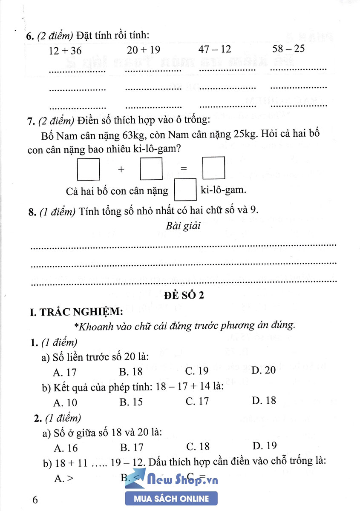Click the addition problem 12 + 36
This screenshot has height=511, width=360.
click(x=65, y=51)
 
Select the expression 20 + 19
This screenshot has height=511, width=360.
click(x=144, y=50)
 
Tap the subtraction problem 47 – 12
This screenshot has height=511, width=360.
click(x=215, y=49)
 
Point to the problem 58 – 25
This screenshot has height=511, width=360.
click(x=288, y=49)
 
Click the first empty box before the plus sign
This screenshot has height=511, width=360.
click(x=88, y=169)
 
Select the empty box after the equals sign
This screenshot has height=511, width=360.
click(x=213, y=168)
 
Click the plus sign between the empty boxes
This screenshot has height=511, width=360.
click(x=121, y=169)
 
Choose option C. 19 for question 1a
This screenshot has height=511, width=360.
click(x=197, y=371)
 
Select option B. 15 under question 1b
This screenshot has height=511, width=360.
click(x=131, y=402)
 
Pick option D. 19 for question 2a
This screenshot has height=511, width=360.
click(x=264, y=446)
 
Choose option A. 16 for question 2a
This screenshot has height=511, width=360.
click(x=66, y=448)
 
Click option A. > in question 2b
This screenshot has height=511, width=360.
click(x=64, y=478)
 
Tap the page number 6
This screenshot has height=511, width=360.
click(x=35, y=500)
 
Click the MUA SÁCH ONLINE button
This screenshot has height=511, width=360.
click(x=171, y=499)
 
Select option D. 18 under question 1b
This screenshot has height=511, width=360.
click(x=264, y=401)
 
